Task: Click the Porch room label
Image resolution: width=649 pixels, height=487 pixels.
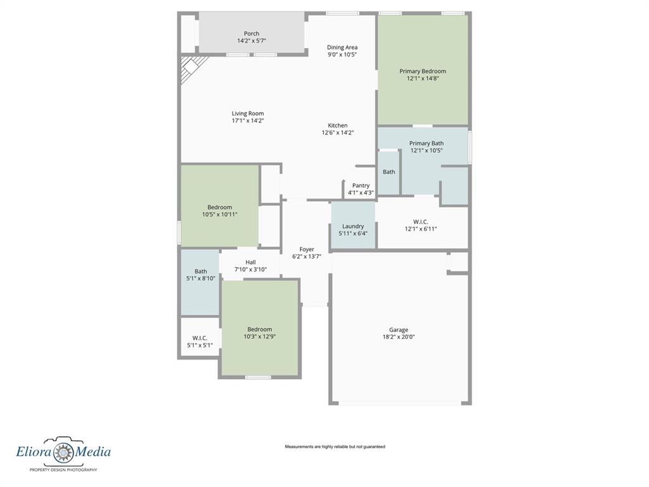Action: click(x=252, y=34)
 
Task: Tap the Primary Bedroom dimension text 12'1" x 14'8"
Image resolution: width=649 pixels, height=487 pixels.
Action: click(x=423, y=79)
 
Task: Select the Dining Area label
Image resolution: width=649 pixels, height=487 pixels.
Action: click(x=342, y=47)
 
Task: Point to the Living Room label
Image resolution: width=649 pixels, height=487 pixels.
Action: click(x=248, y=114)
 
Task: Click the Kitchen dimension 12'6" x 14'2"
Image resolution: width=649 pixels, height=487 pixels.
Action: click(x=338, y=133)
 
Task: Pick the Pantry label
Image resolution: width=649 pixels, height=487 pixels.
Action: click(x=361, y=185)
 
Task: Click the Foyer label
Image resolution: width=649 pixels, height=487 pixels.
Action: click(x=307, y=249)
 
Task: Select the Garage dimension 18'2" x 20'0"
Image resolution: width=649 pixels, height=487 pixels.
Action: click(x=399, y=337)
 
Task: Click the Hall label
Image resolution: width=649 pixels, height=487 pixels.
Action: click(x=250, y=262)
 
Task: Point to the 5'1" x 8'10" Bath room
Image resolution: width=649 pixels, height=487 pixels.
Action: click(x=200, y=282)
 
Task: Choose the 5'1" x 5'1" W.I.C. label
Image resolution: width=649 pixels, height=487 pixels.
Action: click(x=200, y=337)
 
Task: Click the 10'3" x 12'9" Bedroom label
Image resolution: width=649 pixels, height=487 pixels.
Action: click(x=259, y=329)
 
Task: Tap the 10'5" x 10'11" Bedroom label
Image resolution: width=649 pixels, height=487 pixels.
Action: click(x=220, y=207)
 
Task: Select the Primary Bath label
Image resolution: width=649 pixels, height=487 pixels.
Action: click(x=427, y=143)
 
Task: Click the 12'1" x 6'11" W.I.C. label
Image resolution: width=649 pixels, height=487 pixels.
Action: click(x=421, y=221)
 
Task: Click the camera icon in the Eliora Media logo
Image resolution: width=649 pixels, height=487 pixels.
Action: click(x=64, y=451)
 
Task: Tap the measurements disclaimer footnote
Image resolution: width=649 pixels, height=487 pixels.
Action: click(x=335, y=447)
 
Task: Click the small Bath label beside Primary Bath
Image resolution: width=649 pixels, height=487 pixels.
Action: click(x=389, y=172)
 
